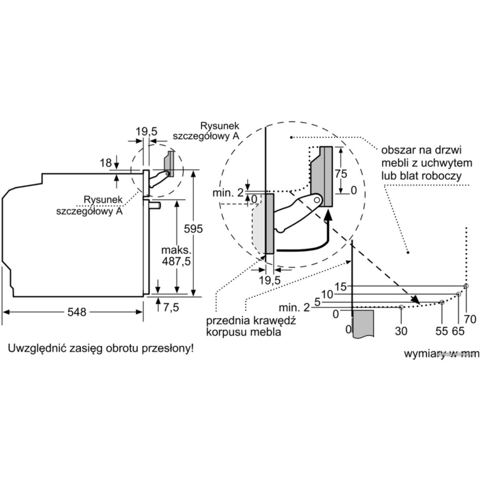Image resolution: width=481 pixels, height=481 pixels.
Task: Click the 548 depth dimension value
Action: (76, 312)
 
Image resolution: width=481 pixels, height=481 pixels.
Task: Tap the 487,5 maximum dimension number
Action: (176, 263)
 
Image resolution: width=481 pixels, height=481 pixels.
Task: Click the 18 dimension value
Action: (105, 163)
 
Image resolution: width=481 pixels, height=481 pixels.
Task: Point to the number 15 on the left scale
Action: (341, 287)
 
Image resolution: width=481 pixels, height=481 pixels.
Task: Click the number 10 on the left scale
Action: (327, 294)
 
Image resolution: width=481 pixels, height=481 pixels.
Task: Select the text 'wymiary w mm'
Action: (441, 354)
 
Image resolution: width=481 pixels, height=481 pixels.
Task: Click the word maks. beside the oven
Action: (177, 251)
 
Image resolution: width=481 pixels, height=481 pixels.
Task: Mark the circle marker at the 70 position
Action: (466, 286)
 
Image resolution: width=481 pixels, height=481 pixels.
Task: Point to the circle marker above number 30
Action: (401, 307)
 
